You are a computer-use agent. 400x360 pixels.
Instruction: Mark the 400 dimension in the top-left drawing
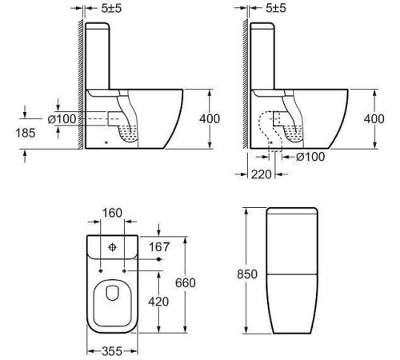[x=210, y=118]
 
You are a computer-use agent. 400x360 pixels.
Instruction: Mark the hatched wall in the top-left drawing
[x=77, y=80]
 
